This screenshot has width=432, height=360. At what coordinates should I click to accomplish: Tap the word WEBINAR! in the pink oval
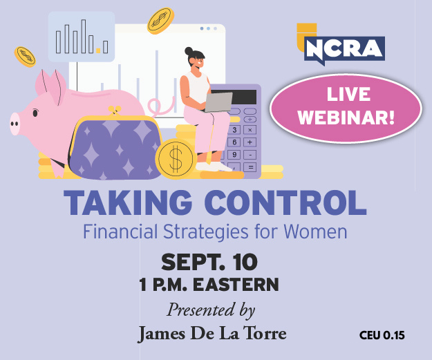(x=346, y=117)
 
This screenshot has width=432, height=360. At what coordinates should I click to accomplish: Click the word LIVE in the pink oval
(x=348, y=94)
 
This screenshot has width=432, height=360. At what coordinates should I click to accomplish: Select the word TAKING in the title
(x=128, y=202)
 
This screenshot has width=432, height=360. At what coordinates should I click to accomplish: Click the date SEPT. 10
(x=209, y=262)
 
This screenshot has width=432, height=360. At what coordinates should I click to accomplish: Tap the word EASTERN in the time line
(x=236, y=285)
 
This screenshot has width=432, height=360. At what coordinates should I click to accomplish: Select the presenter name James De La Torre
(x=212, y=333)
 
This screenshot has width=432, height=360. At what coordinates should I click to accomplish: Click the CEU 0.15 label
(x=382, y=335)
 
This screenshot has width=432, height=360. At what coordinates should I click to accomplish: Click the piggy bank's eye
(x=35, y=113)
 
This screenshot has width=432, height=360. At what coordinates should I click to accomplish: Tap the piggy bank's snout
(x=15, y=124)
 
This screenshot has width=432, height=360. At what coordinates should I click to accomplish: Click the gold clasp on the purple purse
(x=115, y=110)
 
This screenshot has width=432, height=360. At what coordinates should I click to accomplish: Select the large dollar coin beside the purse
(x=176, y=159)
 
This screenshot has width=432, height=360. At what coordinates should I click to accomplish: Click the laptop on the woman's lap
(x=218, y=102)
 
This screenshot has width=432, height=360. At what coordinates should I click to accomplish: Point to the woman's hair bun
(x=189, y=51)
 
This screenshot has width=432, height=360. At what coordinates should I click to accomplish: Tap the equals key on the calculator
(x=250, y=167)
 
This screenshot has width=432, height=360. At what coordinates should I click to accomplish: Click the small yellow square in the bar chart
(x=98, y=50)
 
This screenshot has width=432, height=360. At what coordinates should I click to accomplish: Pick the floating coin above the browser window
(x=160, y=21)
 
